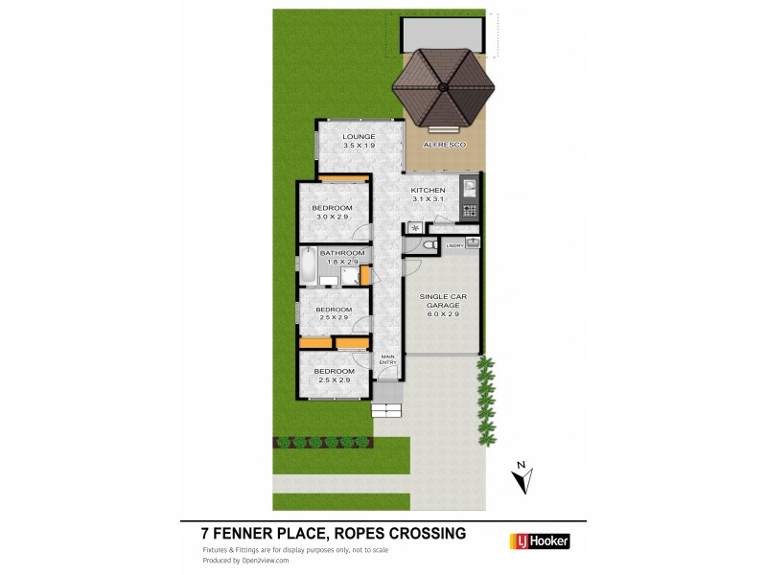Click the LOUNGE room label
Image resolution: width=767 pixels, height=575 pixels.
point(360,137)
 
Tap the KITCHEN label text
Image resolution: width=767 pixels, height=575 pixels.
point(428,191)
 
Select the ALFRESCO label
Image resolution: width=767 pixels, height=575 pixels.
point(445,144)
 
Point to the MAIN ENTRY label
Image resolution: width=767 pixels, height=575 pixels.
point(387,359)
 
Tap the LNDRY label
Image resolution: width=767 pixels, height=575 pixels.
point(455,246)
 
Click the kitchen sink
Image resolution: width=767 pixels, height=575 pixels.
point(470,188)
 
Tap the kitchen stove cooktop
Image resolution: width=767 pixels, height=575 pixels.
point(470,210)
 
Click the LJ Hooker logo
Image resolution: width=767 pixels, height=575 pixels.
point(537,541)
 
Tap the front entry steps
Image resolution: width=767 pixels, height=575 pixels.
point(385,410)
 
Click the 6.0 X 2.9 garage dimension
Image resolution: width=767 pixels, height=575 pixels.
point(441,314)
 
